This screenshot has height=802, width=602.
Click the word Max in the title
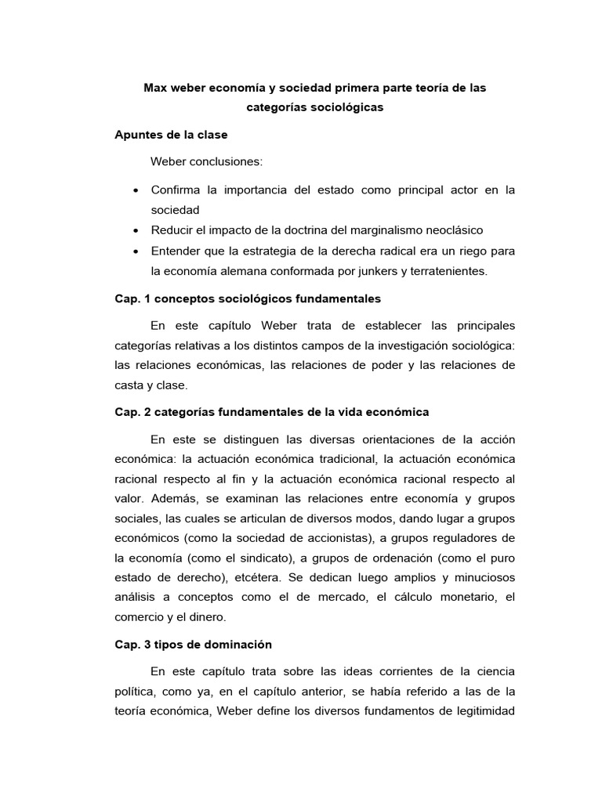coord(154,89)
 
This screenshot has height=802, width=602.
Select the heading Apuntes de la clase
coord(171,135)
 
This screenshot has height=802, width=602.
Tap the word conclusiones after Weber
coord(226,161)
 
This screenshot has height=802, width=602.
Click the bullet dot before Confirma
coord(136,191)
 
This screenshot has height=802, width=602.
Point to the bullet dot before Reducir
coord(136,231)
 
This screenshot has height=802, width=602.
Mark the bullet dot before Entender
coord(136,251)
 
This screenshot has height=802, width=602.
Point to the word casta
coord(130,385)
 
